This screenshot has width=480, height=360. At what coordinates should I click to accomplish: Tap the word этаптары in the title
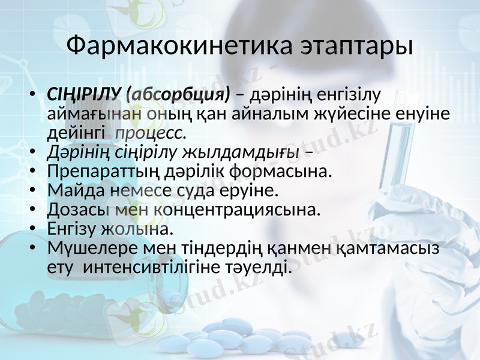tap(349, 47)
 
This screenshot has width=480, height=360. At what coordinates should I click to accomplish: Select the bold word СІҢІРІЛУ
tap(84, 95)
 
